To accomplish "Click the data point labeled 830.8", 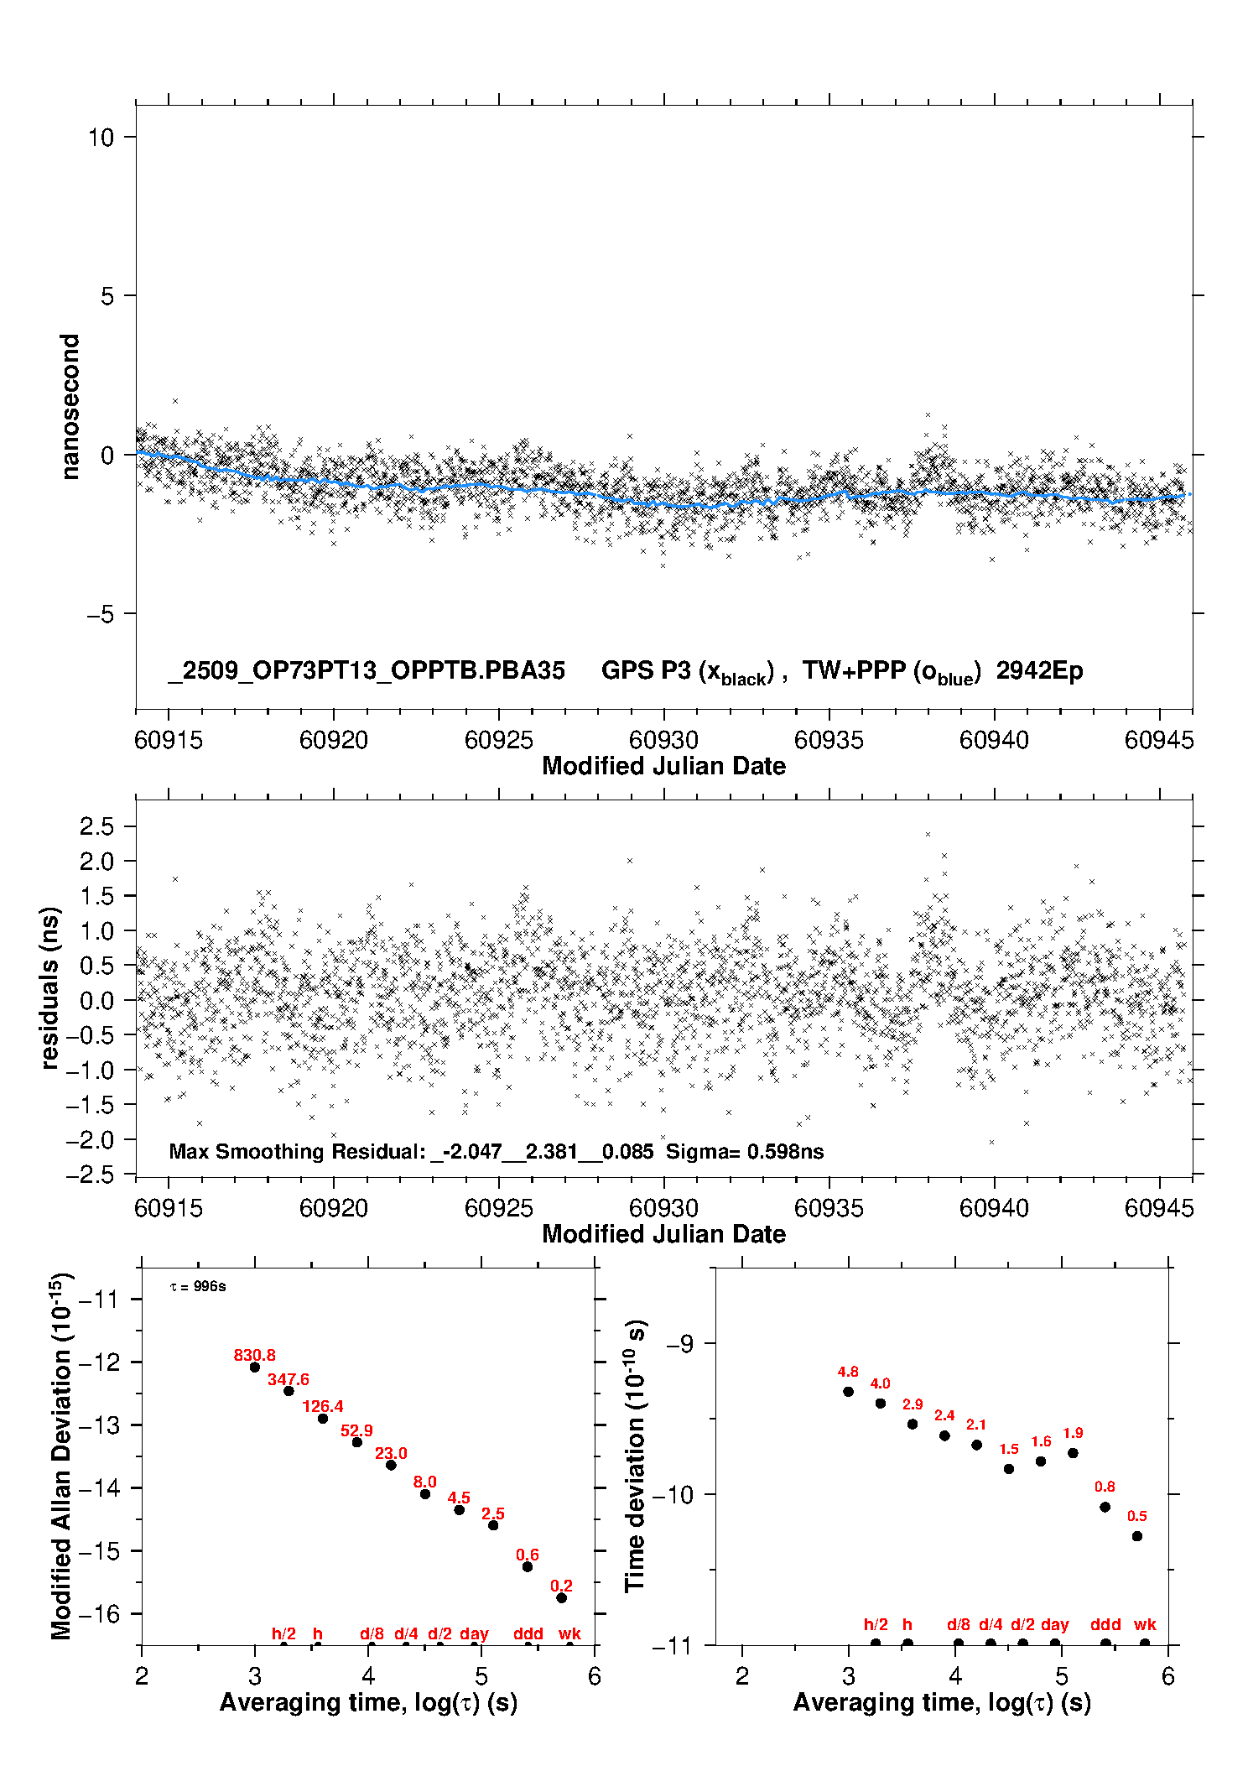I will (255, 1367).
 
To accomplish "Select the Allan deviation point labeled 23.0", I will (391, 1465).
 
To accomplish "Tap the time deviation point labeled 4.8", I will (848, 1392).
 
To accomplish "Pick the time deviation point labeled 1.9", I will (1073, 1453).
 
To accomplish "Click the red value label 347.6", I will (289, 1380).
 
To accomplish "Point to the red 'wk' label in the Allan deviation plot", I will (569, 1633).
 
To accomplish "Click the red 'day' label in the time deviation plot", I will (1054, 1624).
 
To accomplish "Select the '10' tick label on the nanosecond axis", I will (101, 138).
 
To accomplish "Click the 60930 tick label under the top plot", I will (663, 740).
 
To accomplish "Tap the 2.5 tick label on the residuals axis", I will (96, 826).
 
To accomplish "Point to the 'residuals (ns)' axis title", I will (49, 987).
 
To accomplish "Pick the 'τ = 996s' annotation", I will (198, 1287).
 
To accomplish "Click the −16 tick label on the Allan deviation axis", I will (99, 1613).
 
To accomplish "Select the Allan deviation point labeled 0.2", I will (562, 1598).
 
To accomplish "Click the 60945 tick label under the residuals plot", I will (1158, 1208).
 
